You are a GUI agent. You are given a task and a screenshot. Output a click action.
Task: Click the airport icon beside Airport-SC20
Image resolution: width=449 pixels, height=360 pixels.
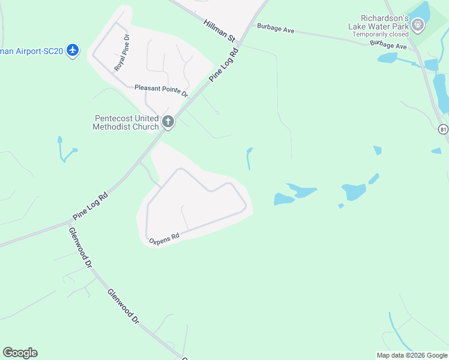[x=73, y=50]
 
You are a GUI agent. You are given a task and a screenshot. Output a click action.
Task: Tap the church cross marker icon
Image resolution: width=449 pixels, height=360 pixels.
[x=168, y=122]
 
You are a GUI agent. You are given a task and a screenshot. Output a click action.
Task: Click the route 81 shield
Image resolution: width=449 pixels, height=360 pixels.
[x=443, y=130]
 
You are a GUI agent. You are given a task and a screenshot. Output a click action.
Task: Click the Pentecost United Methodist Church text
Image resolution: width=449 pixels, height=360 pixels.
[x=126, y=122]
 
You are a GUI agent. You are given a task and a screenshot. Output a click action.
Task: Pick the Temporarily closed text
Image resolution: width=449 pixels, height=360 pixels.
[x=381, y=34]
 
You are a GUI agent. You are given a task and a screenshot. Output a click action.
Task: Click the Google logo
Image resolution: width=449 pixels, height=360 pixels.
[x=20, y=353]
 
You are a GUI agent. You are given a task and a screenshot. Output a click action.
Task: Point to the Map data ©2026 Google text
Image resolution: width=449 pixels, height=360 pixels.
[x=412, y=355]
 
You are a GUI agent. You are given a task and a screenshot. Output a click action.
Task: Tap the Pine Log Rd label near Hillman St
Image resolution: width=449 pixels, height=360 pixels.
[x=224, y=65]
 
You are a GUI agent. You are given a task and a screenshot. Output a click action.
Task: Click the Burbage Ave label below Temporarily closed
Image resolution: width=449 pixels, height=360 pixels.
[x=388, y=44]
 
